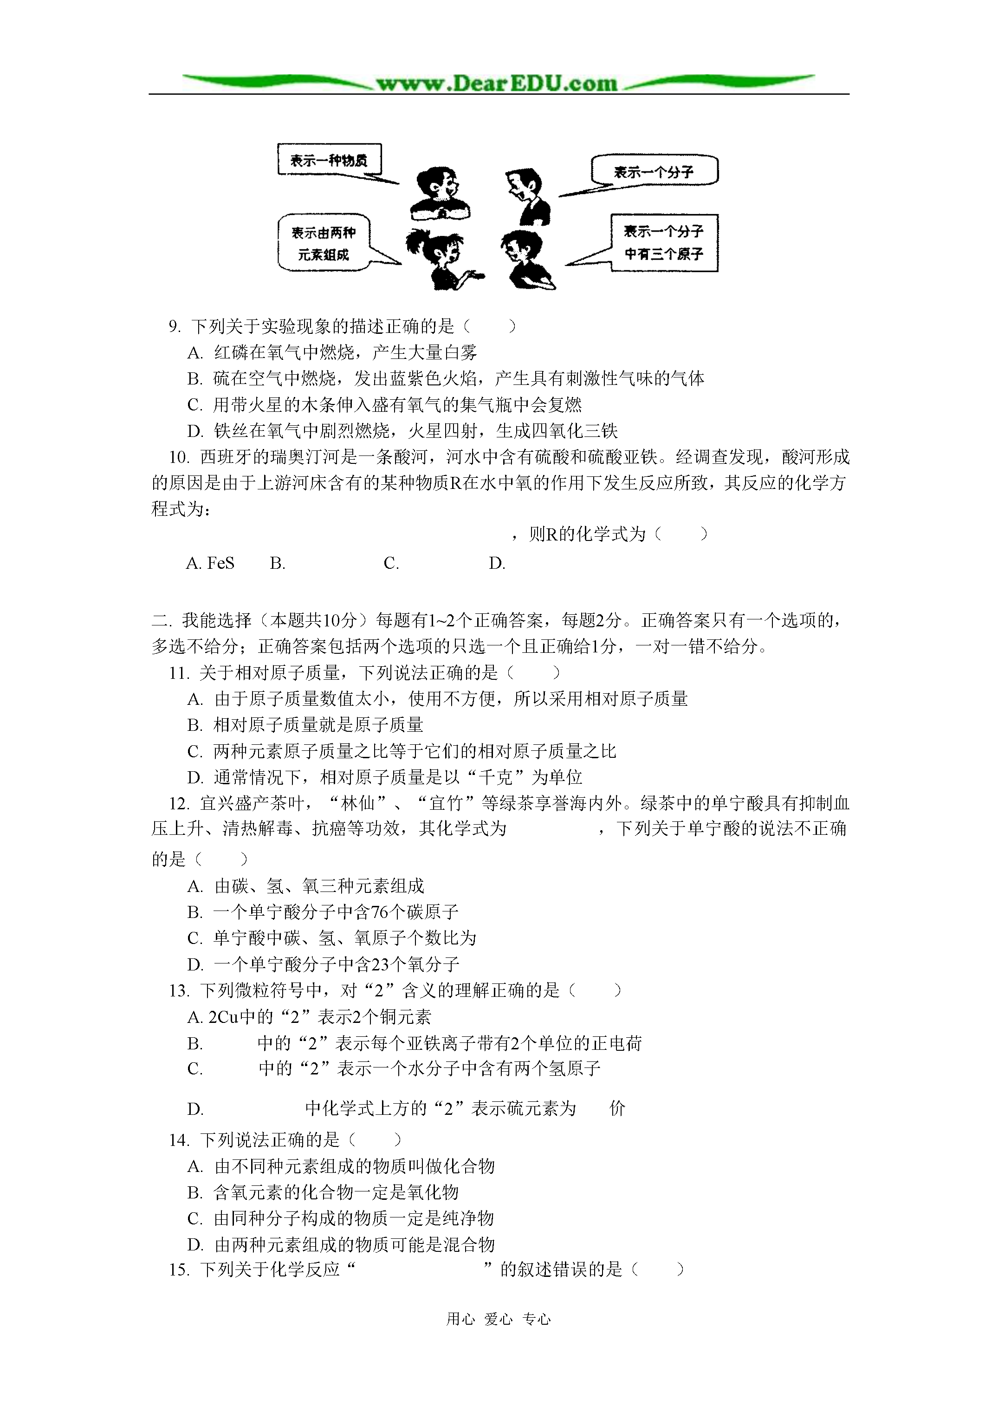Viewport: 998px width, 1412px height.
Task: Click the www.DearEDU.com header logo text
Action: tap(496, 84)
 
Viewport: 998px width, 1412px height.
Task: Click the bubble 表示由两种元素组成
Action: tap(324, 243)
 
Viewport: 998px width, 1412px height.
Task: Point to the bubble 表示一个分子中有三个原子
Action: tap(663, 243)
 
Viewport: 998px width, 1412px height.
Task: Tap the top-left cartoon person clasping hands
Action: tap(440, 193)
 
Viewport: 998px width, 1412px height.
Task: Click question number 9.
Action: tap(175, 326)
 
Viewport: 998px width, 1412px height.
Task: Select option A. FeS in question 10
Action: tap(210, 563)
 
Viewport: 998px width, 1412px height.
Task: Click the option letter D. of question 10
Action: tap(497, 563)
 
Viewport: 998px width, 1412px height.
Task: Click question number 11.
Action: tap(178, 673)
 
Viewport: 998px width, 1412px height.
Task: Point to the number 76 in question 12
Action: tap(380, 912)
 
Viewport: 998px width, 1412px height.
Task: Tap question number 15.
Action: tap(178, 1269)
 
